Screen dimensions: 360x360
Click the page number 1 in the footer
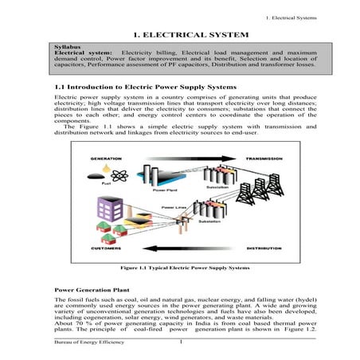[x=182, y=342]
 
